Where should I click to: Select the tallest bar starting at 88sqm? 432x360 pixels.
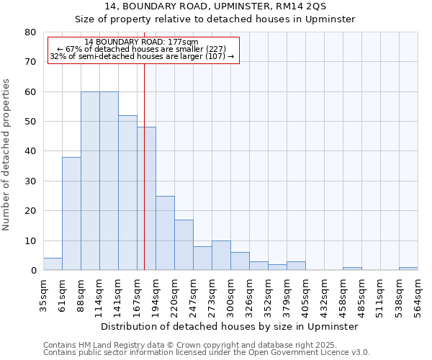point(90,181)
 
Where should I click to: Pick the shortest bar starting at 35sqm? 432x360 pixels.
point(53,264)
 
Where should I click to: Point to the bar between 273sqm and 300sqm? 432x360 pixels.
point(221,256)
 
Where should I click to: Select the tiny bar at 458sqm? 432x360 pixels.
point(352,269)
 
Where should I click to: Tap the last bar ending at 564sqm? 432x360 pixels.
point(408,269)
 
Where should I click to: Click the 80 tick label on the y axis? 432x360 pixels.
point(30,32)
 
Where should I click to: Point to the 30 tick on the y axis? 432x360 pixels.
point(30,181)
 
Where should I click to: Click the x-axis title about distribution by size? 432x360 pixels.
point(230,326)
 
